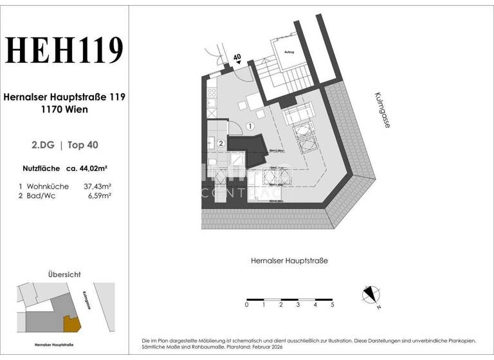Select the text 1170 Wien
pyautogui.click(x=64, y=109)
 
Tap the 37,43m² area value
pyautogui.click(x=97, y=186)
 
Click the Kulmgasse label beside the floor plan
pyautogui.click(x=381, y=110)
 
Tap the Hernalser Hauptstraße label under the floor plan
pyautogui.click(x=289, y=260)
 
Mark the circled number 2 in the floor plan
pyautogui.click(x=221, y=143)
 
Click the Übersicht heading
pyautogui.click(x=64, y=274)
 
